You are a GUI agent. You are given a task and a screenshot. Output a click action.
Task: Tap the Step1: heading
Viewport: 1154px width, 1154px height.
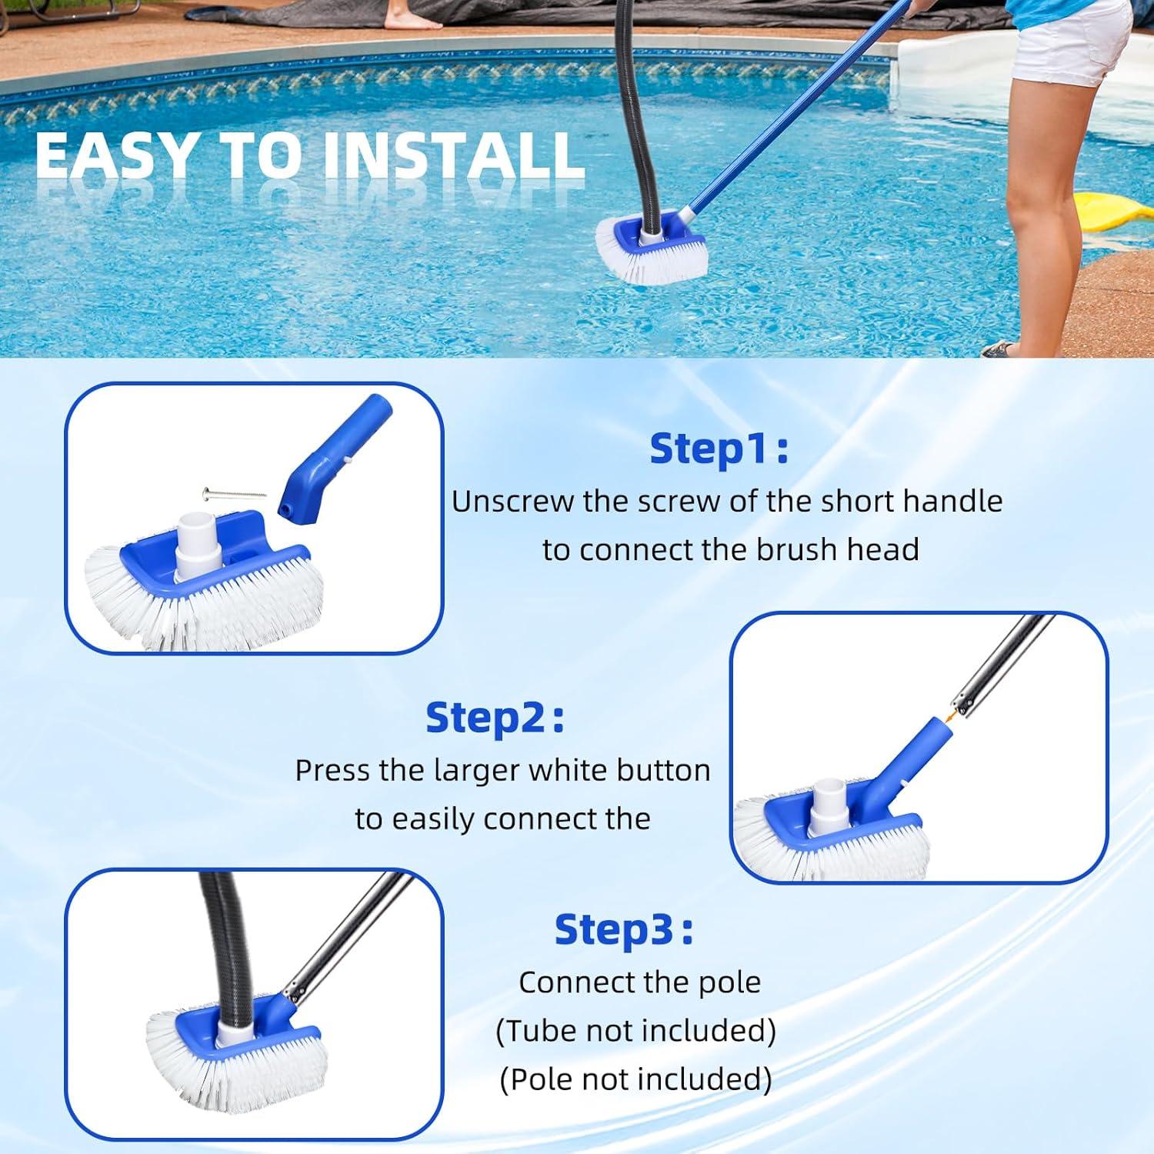point(719,449)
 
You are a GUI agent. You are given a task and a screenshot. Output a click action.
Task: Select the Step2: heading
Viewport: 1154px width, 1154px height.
point(495,718)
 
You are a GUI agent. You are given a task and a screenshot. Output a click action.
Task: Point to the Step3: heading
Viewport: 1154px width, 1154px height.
point(623,929)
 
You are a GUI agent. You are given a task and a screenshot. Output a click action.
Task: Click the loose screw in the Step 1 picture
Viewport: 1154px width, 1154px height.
point(234,493)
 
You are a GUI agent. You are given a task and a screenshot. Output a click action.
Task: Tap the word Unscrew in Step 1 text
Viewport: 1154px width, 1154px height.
point(513,502)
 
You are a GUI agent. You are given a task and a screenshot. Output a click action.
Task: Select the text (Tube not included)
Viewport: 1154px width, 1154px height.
point(635,1031)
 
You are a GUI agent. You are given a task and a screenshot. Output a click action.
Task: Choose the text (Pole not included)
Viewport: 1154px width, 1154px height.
point(635,1079)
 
